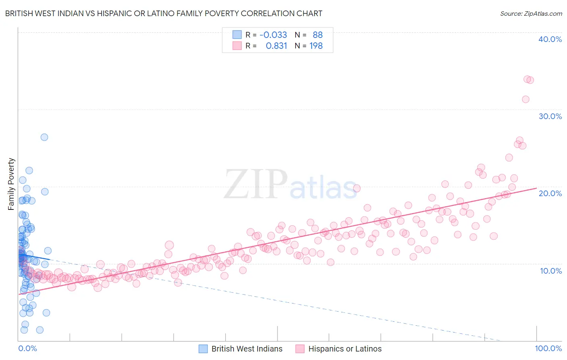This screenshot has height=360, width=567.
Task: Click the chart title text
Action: click(164, 13)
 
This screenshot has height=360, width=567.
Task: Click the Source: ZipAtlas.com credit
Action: click(531, 14)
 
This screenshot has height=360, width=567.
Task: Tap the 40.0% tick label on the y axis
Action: click(550, 39)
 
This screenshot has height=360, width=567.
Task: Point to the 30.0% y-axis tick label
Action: click(550, 116)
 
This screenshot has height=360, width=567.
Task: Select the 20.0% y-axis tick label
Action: click(550, 193)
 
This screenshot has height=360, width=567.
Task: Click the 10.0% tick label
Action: click(550, 270)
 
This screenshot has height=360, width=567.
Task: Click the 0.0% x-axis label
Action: click(27, 348)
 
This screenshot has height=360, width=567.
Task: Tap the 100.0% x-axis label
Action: click(548, 348)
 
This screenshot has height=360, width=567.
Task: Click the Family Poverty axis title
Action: click(11, 184)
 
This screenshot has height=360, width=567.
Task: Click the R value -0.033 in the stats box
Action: click(273, 35)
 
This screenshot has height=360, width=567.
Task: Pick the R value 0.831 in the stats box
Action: click(276, 46)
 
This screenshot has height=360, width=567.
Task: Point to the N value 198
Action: click(316, 46)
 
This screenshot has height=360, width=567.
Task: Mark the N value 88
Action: click(317, 35)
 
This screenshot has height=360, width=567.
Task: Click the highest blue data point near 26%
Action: click(44, 137)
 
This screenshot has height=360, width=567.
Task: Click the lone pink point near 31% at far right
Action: click(525, 99)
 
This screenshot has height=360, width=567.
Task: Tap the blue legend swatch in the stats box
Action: click(237, 35)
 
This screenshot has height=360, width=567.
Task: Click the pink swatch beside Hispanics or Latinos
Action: click(300, 349)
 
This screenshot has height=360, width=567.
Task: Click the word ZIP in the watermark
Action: click(255, 184)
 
